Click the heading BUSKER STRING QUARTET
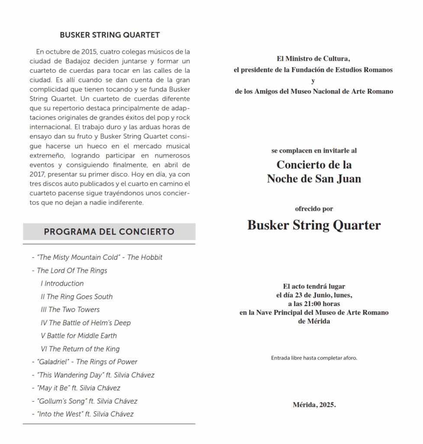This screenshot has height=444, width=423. [110, 35]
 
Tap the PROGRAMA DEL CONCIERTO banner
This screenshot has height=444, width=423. [109, 232]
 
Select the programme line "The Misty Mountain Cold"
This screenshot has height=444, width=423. [97, 257]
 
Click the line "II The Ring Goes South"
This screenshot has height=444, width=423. [77, 297]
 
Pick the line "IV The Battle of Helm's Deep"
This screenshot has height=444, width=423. [86, 323]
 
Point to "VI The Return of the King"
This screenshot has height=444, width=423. [80, 349]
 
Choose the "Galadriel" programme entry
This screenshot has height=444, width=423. [84, 362]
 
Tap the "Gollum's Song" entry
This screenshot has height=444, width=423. [84, 401]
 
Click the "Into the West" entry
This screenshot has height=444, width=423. [83, 414]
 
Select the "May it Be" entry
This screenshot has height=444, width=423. [76, 388]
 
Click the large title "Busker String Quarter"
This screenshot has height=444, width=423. [314, 225]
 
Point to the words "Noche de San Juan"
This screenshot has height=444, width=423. [314, 179]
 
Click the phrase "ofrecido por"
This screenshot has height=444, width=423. [314, 209]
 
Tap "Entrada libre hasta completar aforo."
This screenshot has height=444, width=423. [314, 358]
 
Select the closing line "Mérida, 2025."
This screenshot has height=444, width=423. [314, 405]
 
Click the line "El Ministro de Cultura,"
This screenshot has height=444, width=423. [313, 59]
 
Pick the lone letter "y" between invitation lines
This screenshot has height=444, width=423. [313, 81]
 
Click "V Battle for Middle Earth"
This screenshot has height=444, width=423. [79, 336]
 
